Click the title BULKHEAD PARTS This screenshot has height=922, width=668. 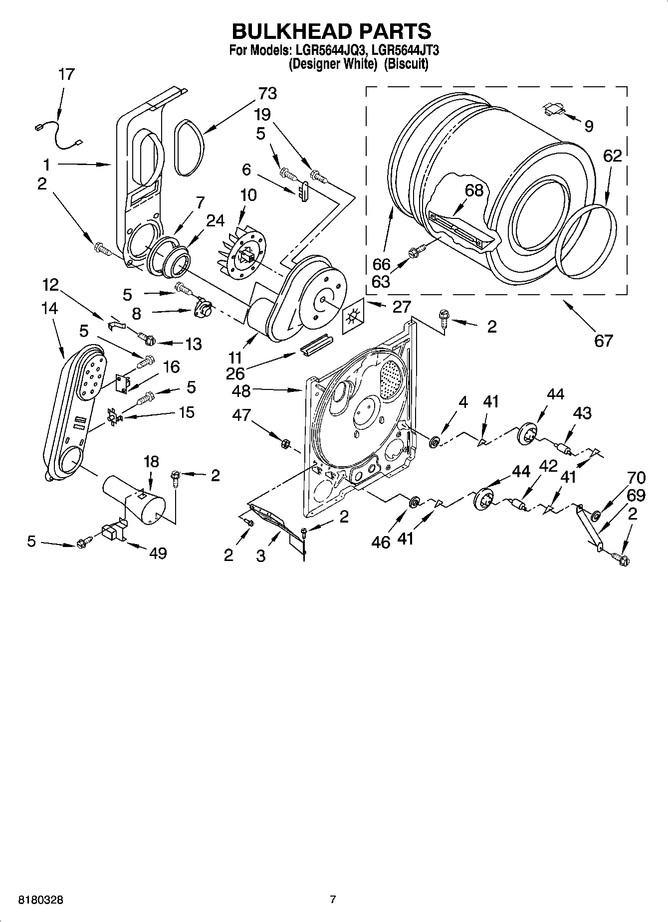tap(331, 31)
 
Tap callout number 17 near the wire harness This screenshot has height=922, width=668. tap(66, 74)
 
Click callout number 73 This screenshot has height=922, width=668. tap(267, 93)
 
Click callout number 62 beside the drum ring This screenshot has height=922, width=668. tap(612, 156)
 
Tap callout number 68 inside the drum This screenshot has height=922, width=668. tap(473, 190)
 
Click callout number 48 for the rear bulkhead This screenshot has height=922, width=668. tap(241, 391)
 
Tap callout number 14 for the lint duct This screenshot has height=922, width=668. tap(49, 309)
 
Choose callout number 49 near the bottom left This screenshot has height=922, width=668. tap(158, 553)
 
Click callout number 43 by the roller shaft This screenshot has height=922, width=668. tap(582, 413)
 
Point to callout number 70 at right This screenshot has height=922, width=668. tap(636, 478)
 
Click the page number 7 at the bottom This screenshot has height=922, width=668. tap(333, 900)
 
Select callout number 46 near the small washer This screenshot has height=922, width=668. tap(381, 543)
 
